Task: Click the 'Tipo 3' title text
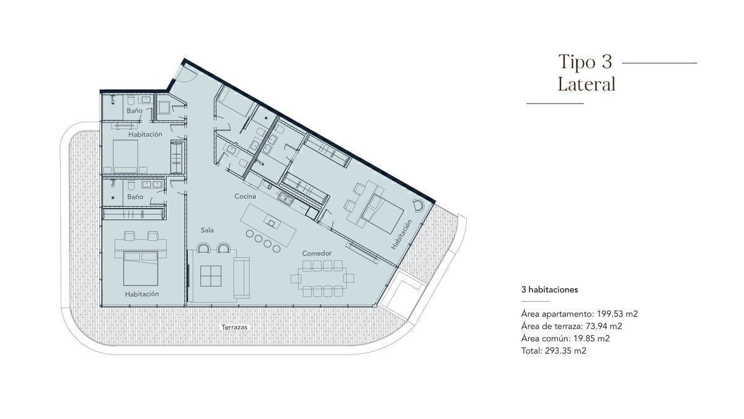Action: (585, 62)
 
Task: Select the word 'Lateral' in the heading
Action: (587, 84)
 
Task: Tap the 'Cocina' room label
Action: (245, 196)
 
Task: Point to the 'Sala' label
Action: (207, 230)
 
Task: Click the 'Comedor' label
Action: (317, 253)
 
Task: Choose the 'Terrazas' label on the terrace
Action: (234, 327)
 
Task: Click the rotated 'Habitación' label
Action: (401, 235)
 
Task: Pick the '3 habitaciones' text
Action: (550, 290)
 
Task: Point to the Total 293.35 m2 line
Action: (554, 351)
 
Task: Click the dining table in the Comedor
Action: (322, 278)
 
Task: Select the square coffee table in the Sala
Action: (211, 276)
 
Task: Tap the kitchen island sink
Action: (272, 223)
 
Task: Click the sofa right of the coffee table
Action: (241, 277)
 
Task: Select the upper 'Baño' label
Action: (135, 110)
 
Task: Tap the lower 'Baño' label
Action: (135, 197)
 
